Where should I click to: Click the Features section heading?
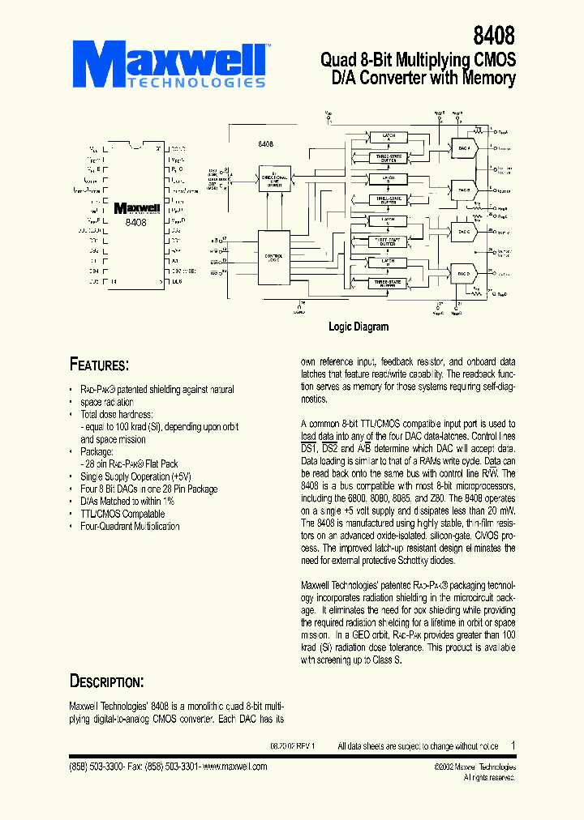(98, 365)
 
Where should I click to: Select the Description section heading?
(106, 681)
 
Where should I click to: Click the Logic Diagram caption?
(358, 327)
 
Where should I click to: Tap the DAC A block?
(464, 150)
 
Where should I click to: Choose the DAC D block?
(464, 273)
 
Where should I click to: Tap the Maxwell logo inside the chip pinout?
(136, 208)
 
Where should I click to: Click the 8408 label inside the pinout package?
(136, 221)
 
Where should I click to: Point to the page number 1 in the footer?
(513, 745)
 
